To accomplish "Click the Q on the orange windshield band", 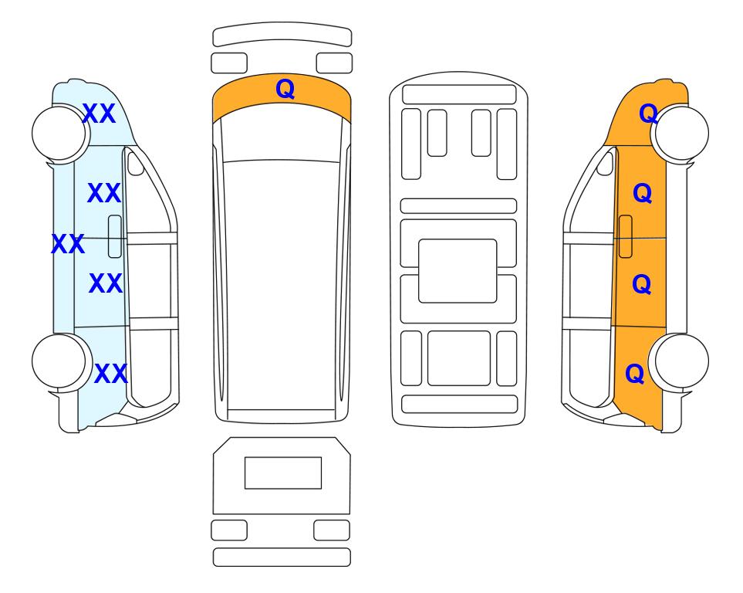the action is pos(285,90).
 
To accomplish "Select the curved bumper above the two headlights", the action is pos(282,33).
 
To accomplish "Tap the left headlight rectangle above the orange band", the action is pos(229,63).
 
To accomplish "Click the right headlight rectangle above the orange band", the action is pos(334,63).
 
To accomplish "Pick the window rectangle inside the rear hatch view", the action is pos(283,473).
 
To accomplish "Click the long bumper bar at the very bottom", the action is pos(282,557).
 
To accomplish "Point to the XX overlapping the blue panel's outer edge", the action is pos(68,244).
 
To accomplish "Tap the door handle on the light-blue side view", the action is pos(115,236).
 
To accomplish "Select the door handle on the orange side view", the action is pos(626,236).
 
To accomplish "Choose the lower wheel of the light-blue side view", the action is pos(59,361).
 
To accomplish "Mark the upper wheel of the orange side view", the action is pos(681,134).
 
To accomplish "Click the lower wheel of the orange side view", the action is pos(681,361).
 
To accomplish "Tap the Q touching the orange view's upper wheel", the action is pos(648,114).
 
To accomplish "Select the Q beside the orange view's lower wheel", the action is pos(635,374).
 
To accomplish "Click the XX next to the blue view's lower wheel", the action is pos(111,374).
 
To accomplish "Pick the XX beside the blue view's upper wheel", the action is pos(99,114).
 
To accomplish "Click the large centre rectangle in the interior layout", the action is pos(458,271).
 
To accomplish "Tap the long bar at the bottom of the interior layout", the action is pos(459,404).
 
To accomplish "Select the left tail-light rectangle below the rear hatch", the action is pos(229,530).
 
